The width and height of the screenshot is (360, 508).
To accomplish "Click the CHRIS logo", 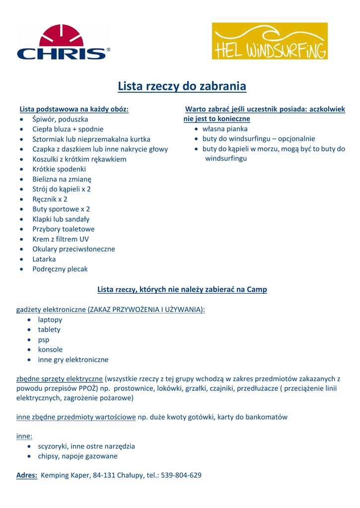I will [63, 43].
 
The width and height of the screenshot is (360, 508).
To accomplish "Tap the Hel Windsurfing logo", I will [270, 41].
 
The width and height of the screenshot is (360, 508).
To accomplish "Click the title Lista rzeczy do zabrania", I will [182, 86].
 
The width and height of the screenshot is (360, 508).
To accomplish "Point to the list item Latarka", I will [44, 259].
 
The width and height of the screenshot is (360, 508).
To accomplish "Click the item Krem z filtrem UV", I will [61, 239].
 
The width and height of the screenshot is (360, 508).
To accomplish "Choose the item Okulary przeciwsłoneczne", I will [73, 249].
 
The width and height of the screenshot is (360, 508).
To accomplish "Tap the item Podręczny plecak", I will [60, 269].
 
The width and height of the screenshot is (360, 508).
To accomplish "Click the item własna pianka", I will [225, 129].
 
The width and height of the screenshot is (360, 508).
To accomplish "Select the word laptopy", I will [50, 320].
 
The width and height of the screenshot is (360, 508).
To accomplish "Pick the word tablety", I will [49, 330].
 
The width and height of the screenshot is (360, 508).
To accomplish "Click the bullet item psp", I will [44, 340].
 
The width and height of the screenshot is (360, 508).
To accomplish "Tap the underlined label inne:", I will [24, 436].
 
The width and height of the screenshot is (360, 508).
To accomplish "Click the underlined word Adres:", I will [27, 475].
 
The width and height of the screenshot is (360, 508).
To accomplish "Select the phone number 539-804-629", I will [181, 475].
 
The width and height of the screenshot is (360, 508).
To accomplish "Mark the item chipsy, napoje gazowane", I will [78, 456].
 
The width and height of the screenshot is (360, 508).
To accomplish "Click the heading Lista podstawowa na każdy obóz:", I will [74, 109].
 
